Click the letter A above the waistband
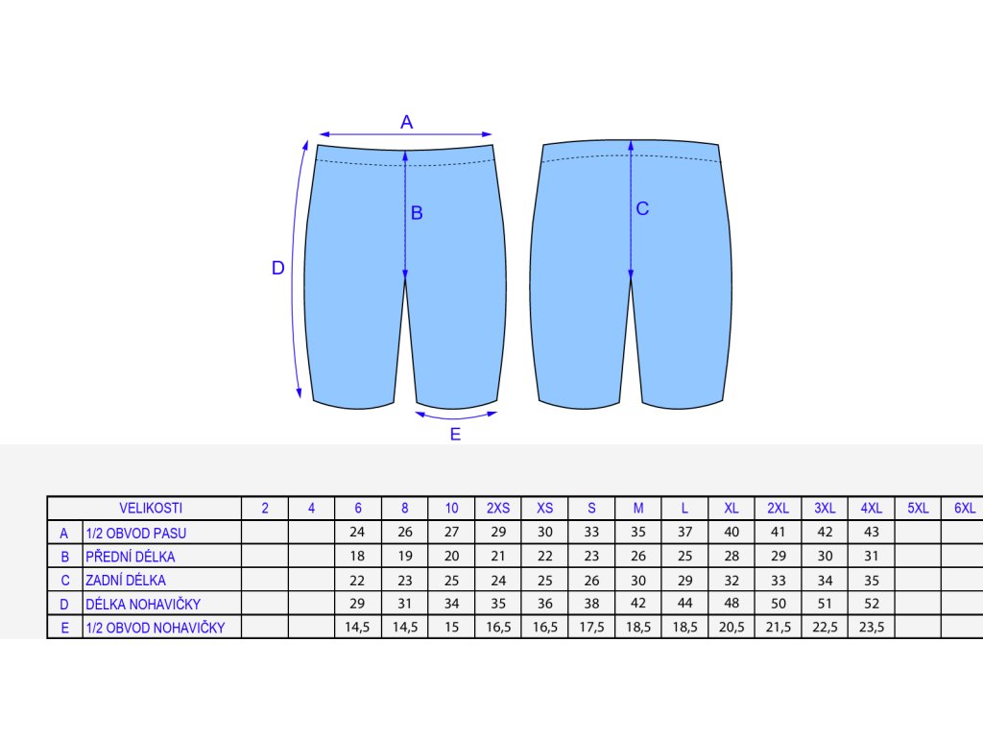[406, 122]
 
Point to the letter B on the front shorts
[417, 213]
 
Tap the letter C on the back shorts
[642, 208]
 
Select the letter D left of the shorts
[278, 269]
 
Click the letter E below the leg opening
[455, 434]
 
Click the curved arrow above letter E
[457, 416]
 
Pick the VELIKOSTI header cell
[150, 508]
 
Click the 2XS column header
[498, 508]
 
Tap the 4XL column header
[871, 508]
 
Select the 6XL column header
[964, 508]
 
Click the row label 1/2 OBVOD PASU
[135, 533]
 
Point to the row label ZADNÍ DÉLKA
[126, 580]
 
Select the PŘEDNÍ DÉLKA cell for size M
[638, 557]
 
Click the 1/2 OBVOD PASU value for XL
[731, 533]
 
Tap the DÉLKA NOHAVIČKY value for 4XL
[871, 604]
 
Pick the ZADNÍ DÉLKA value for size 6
[358, 580]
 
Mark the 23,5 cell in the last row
[871, 628]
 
